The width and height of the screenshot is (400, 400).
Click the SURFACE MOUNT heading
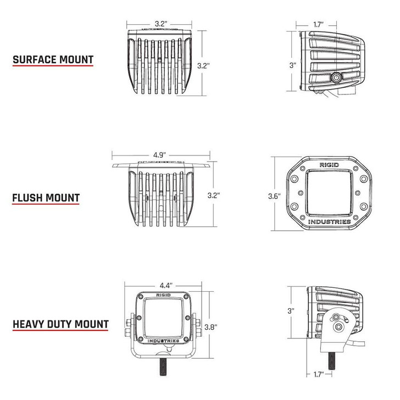(53, 59)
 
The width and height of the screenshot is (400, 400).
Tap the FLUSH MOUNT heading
(46, 197)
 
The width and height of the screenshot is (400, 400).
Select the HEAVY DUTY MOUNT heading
(60, 324)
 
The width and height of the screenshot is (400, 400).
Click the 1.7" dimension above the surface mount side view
(317, 24)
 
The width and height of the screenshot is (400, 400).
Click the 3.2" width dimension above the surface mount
(160, 24)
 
